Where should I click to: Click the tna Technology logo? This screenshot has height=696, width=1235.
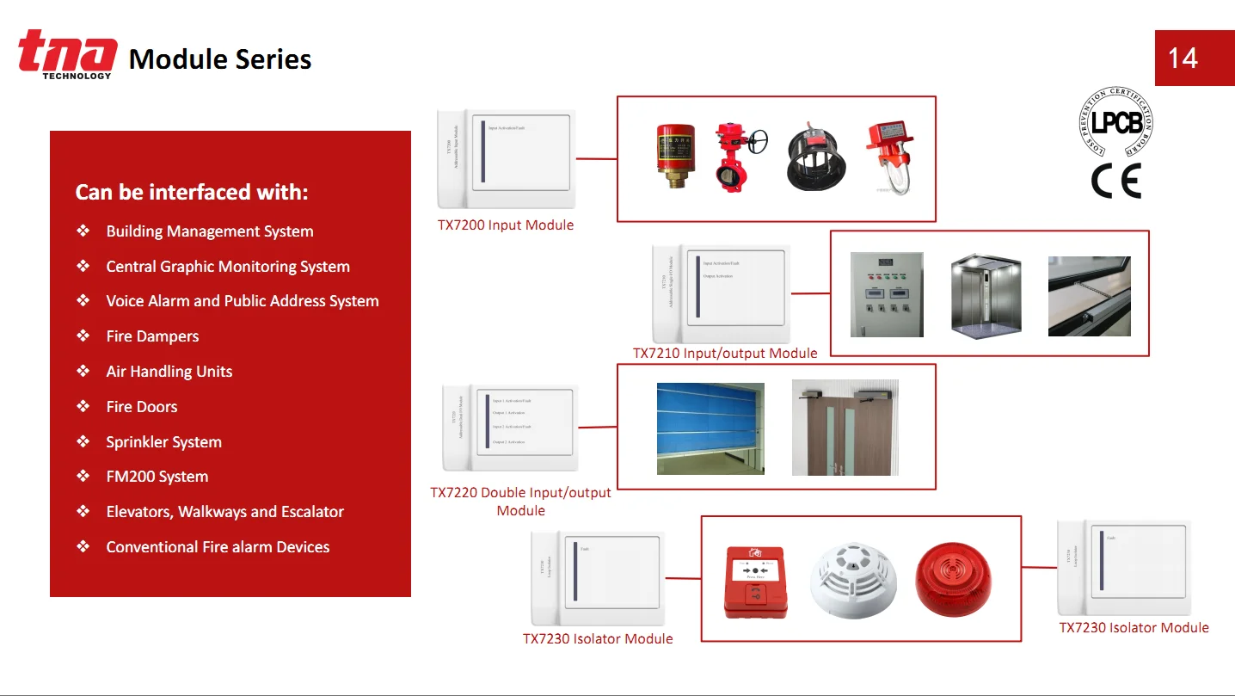(x=67, y=54)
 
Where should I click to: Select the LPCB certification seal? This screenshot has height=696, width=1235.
(x=1116, y=122)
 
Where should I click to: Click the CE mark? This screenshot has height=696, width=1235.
(x=1115, y=181)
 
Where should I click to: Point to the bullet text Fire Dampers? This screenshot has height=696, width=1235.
(x=152, y=336)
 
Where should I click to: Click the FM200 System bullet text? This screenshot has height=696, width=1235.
(x=157, y=477)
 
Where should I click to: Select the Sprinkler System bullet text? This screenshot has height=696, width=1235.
(x=163, y=442)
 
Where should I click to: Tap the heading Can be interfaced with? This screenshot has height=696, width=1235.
(x=191, y=192)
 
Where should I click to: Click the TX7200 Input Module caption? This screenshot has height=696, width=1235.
(x=506, y=225)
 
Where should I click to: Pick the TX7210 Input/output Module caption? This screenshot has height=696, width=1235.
(x=725, y=353)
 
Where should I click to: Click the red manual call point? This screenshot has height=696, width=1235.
(x=755, y=581)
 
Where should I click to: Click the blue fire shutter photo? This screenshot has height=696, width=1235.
(x=710, y=428)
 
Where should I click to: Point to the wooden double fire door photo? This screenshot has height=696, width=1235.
(x=845, y=428)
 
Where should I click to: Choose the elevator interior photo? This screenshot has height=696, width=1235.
(x=986, y=295)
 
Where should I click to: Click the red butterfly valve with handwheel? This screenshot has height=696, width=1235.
(x=733, y=158)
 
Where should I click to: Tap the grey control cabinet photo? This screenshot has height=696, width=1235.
(x=886, y=294)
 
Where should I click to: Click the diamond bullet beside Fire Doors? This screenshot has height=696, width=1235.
(x=83, y=406)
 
